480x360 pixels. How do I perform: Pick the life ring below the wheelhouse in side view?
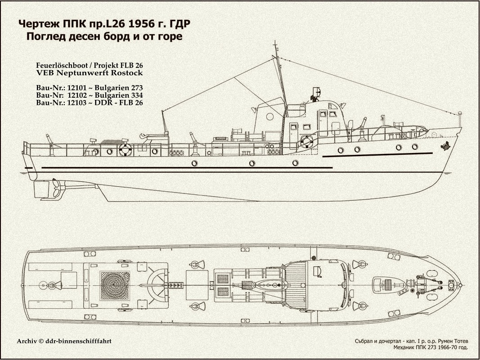pos(307,142)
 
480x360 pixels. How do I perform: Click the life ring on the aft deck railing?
pos(125,150)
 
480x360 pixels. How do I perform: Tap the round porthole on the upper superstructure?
pos(269,117)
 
